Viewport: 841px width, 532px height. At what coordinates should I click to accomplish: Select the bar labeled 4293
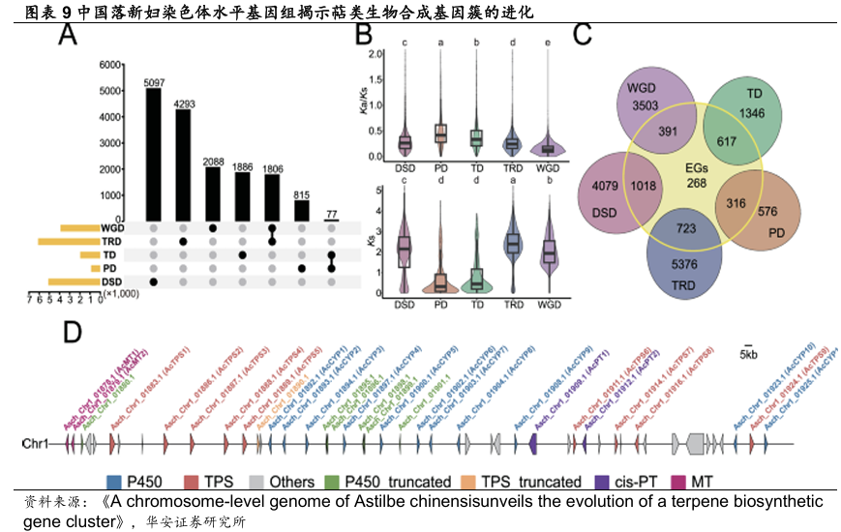pos(183,164)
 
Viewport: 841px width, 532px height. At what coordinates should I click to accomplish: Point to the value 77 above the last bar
pos(331,213)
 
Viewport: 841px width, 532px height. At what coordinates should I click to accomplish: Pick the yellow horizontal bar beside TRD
pos(65,241)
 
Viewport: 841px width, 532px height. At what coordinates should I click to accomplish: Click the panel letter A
pos(68,37)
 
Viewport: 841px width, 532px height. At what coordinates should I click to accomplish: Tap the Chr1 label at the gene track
pos(36,444)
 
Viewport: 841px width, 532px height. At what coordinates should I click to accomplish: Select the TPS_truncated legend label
pos(529,481)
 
